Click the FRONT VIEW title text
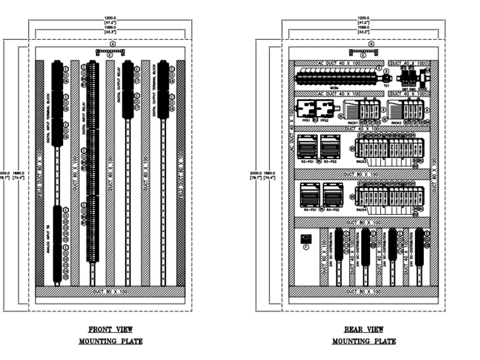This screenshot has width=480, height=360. point(110,329)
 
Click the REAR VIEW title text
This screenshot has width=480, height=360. point(364,329)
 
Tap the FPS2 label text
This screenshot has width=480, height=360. point(324,120)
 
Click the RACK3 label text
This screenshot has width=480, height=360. point(361,162)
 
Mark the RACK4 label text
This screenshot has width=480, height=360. point(361,210)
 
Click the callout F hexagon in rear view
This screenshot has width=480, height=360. point(306,247)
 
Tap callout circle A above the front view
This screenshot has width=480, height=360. point(113,44)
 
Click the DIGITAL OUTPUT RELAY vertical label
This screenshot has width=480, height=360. point(119,91)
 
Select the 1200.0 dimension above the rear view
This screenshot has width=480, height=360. point(363,18)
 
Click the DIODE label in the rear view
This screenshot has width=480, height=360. point(423,89)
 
